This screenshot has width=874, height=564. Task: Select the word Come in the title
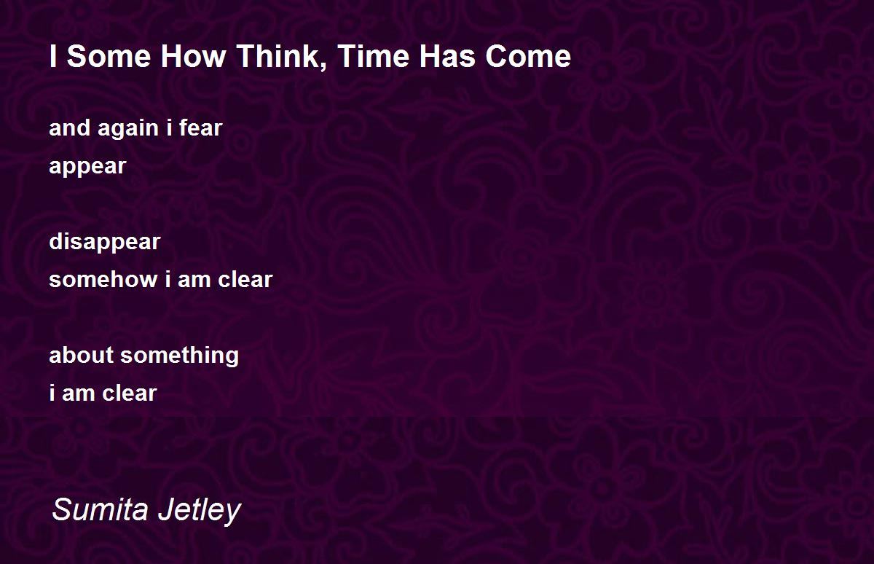528,56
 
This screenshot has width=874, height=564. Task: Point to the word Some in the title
109,56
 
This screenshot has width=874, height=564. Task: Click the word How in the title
194,56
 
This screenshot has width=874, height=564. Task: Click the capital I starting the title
53,56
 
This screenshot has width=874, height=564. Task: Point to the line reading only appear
87,167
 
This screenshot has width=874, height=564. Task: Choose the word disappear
105,242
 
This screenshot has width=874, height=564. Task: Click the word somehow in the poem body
103,280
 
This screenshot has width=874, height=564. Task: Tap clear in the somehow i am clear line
245,280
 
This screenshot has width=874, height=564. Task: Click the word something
179,356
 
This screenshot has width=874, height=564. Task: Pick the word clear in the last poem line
130,393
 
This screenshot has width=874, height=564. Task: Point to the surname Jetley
200,512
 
